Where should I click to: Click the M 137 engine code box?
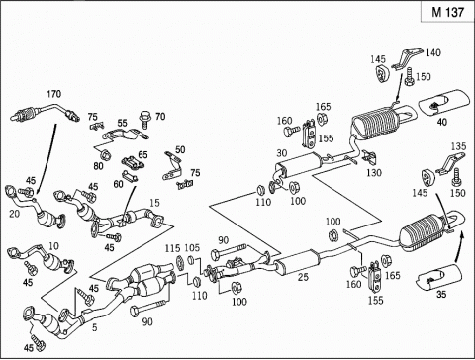point(447,12)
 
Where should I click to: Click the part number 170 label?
point(53,94)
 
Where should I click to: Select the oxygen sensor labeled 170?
point(46,113)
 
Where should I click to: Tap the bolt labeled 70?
point(144,120)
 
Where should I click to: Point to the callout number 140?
point(432,52)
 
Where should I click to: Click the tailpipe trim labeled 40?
point(443,102)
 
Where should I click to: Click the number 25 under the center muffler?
point(303,277)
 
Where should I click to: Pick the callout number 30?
point(282,153)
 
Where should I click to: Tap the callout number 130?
point(374,172)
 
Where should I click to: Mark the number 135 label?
point(459,146)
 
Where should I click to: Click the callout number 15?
point(154,203)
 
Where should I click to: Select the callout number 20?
point(14,214)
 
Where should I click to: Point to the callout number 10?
point(53,245)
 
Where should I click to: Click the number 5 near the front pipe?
point(95,327)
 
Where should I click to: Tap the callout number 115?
point(173,248)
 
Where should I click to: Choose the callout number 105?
point(192,247)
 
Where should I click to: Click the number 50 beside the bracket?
point(180,150)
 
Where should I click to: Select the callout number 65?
point(142,154)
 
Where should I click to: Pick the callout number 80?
point(98,166)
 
